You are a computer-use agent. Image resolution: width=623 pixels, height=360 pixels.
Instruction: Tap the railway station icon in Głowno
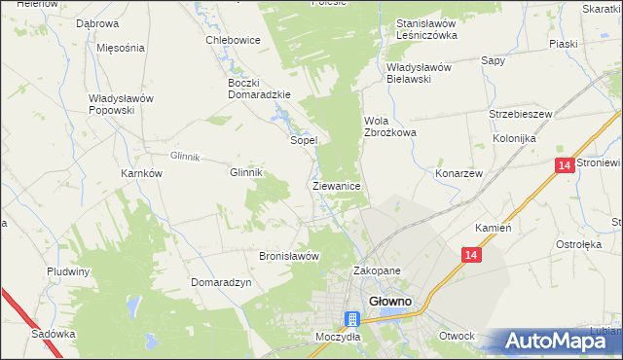(x=352, y=319)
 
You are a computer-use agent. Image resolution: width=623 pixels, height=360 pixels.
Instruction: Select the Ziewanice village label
(x=337, y=185)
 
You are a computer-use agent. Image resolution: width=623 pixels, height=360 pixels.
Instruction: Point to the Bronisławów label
(x=289, y=256)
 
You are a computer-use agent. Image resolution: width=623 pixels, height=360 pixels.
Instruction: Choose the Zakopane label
(x=377, y=271)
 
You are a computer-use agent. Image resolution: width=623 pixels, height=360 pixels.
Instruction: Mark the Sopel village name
(x=305, y=140)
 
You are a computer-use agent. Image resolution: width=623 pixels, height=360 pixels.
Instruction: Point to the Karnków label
(x=140, y=172)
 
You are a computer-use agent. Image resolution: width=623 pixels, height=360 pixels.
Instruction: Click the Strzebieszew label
(x=521, y=114)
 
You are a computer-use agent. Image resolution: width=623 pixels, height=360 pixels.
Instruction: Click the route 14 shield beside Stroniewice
(x=565, y=166)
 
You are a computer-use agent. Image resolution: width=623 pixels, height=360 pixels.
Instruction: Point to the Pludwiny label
(x=68, y=271)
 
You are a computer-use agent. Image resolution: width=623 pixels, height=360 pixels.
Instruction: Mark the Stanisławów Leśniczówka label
(x=426, y=28)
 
